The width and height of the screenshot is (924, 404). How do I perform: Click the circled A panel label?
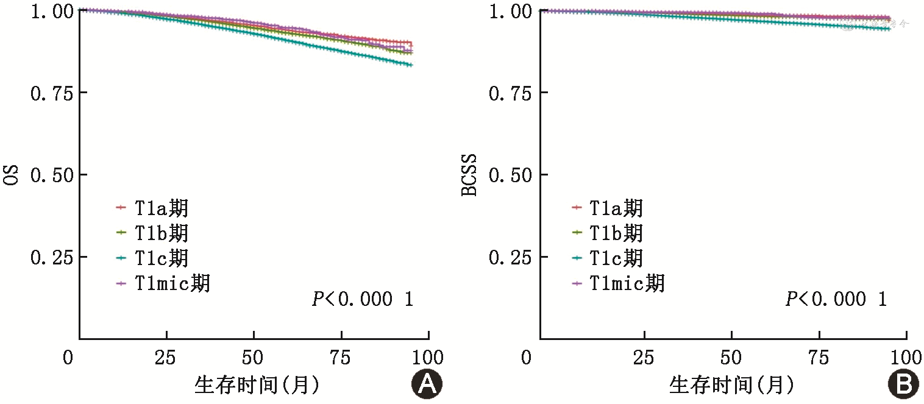[x=426, y=384]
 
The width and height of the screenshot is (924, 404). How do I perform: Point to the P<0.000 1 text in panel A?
[x=363, y=299]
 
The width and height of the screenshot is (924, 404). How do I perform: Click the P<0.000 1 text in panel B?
[x=836, y=299]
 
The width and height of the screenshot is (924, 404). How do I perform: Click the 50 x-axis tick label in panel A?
[x=254, y=358]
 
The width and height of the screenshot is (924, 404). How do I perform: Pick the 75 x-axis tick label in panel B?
[x=819, y=358]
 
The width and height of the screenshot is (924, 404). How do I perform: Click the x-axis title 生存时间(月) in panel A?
[x=257, y=385]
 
